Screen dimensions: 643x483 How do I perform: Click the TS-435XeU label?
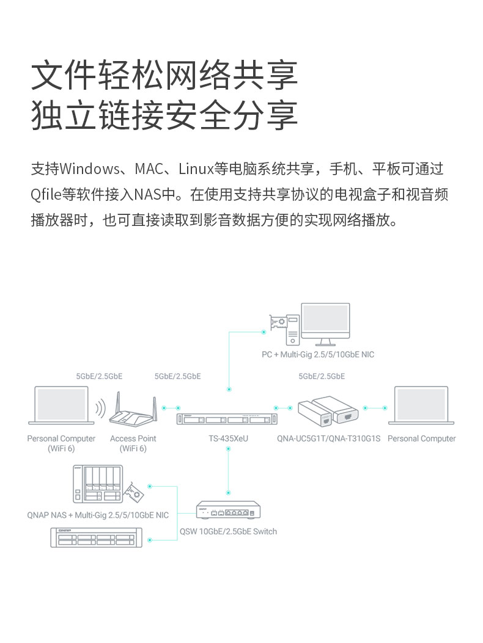(x=228, y=438)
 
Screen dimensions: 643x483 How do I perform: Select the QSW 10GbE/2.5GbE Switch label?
(x=228, y=531)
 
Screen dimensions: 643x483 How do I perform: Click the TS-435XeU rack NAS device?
(x=227, y=420)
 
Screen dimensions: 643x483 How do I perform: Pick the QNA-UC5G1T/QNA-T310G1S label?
(x=328, y=438)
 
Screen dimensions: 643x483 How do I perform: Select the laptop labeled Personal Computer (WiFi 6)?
(x=61, y=405)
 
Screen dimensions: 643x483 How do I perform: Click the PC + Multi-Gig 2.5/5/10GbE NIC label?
(x=318, y=355)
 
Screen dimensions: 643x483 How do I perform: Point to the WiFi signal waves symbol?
(x=100, y=410)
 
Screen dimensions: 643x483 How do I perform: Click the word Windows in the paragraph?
(x=90, y=169)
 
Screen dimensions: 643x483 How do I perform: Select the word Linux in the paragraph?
(x=195, y=169)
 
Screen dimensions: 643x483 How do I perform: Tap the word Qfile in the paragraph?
(x=46, y=195)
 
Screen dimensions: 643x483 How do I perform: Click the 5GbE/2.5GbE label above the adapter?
(x=322, y=376)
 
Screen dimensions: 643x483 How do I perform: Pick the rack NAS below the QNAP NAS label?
(x=96, y=537)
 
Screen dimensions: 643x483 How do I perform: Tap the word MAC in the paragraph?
(x=150, y=169)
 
